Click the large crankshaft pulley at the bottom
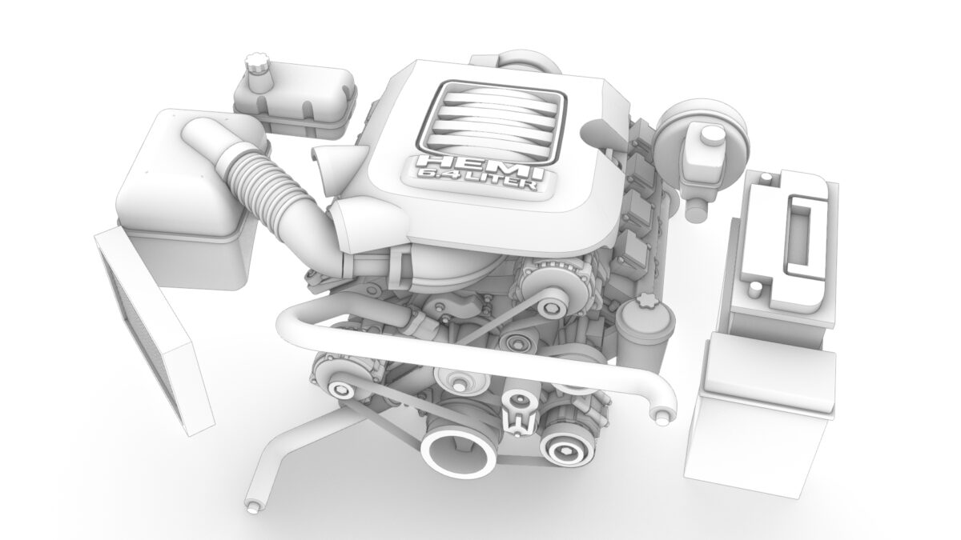[x=459, y=452]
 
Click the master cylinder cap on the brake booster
[x=707, y=137]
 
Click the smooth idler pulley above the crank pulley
[x=458, y=380]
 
